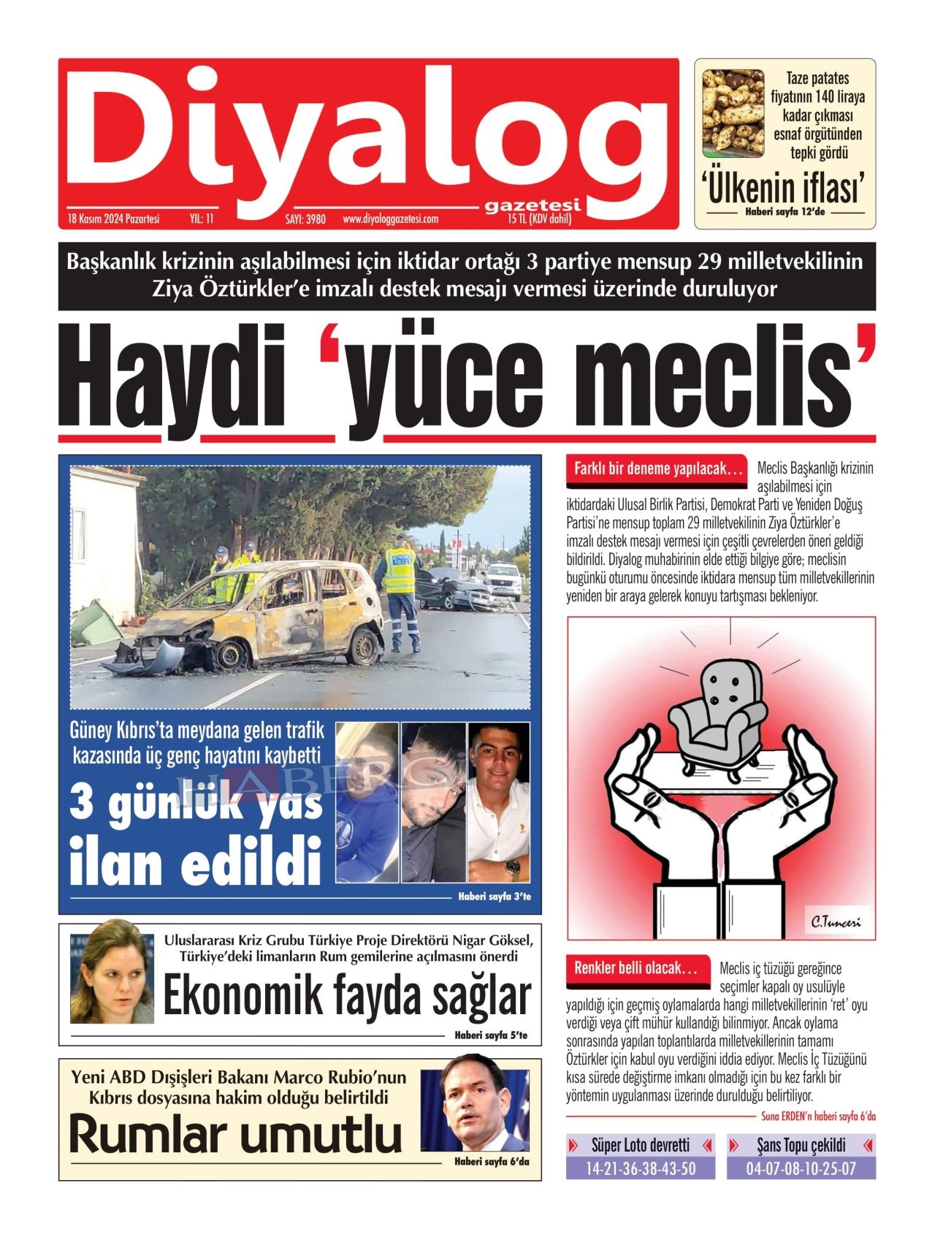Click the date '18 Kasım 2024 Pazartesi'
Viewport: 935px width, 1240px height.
(113, 218)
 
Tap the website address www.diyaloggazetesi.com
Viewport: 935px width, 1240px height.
(390, 219)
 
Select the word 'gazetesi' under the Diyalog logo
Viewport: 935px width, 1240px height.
(533, 206)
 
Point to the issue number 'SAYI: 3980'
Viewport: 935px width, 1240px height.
(305, 219)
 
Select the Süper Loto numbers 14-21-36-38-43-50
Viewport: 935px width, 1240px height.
(641, 1168)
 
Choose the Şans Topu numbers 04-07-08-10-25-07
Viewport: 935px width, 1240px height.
(801, 1168)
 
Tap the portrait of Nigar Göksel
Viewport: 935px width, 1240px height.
(112, 972)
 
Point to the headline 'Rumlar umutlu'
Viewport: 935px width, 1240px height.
(235, 1135)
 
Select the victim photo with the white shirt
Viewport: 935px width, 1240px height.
(499, 802)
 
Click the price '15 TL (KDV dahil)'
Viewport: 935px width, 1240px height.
(539, 219)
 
